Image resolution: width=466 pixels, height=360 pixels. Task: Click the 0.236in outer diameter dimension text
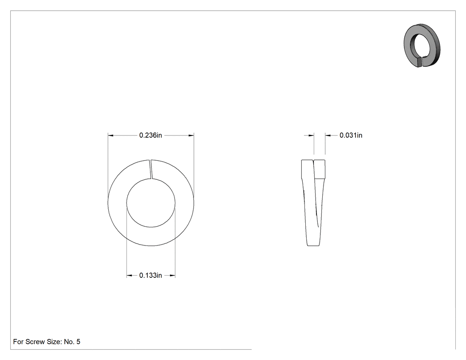point(150,135)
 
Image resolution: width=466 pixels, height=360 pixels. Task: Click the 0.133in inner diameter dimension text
point(150,275)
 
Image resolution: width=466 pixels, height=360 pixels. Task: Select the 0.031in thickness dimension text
point(351,135)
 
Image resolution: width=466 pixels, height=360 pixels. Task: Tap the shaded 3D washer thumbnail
point(422,45)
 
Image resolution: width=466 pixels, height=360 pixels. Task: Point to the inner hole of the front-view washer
point(151,203)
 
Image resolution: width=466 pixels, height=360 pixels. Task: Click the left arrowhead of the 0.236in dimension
point(111,135)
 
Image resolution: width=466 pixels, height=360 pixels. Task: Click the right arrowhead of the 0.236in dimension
point(191,135)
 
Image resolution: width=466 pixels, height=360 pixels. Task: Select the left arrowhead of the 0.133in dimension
point(129,276)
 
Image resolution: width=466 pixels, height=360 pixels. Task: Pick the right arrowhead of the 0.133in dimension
point(172,276)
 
